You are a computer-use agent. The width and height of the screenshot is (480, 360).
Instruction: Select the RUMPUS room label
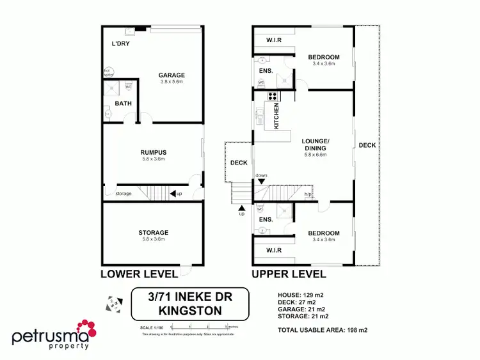(153, 152)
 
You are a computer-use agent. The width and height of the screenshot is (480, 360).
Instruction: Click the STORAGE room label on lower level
(153, 232)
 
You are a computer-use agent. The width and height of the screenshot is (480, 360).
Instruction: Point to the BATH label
(123, 103)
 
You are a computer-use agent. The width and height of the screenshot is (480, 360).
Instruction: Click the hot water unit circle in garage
(108, 72)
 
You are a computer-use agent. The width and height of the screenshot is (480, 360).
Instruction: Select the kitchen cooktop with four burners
(273, 97)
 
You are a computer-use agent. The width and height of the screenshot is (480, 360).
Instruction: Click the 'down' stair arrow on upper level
(261, 182)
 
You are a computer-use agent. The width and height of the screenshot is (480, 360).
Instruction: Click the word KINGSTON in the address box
(181, 311)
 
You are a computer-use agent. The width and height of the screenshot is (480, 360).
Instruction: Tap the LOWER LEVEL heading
(138, 274)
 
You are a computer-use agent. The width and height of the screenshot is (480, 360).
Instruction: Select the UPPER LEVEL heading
(289, 274)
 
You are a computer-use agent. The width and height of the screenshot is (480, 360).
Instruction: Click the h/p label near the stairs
(307, 194)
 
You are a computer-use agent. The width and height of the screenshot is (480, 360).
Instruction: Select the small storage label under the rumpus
(124, 194)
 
